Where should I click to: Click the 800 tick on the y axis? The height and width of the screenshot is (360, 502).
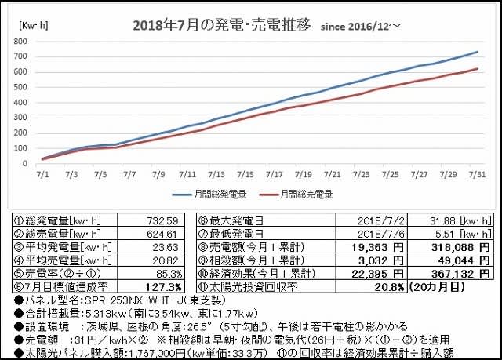point(20,42)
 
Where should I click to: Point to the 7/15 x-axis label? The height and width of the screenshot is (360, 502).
point(246,175)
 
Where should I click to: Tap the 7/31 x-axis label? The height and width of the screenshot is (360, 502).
point(477,175)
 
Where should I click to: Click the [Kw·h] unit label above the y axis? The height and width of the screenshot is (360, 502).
point(34,26)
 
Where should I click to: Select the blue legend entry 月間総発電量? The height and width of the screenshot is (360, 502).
point(209,195)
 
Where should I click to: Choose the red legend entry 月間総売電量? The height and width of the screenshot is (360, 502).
point(296,195)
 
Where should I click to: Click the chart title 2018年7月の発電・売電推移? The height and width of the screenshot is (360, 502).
point(221,25)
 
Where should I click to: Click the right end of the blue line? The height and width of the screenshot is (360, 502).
point(478,52)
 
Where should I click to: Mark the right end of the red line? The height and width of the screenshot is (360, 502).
point(478,68)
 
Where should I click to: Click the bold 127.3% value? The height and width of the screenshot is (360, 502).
point(163,287)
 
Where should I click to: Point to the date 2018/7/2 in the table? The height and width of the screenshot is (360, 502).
point(381,220)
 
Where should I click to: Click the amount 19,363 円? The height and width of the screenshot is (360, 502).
point(377,247)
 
